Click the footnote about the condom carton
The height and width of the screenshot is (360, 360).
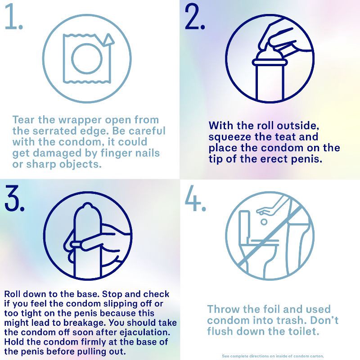(x=273, y=355)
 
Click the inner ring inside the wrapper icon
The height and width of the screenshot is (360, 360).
(x=87, y=58)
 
